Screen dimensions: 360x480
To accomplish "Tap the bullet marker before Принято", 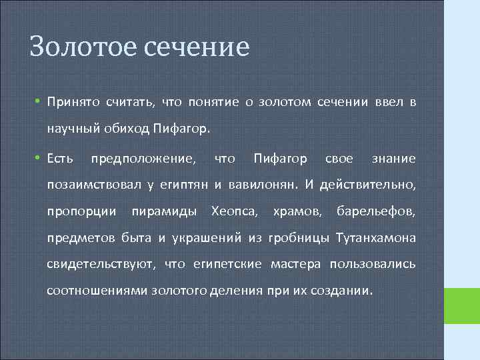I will point(39,101).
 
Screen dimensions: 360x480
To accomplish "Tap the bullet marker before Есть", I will point(39,159).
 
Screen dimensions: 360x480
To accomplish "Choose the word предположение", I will point(143,159).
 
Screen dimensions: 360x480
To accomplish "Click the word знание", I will point(393,159).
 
